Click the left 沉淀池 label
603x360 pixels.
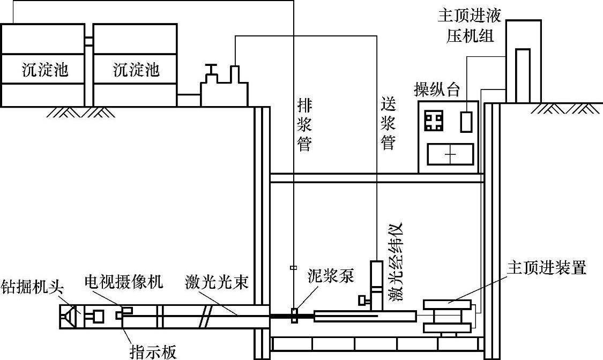[46, 69]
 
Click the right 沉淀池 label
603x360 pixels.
[137, 69]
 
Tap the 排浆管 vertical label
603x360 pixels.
[304, 124]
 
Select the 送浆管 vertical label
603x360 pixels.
[388, 124]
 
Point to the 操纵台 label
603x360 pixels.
[437, 89]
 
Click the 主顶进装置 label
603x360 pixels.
[547, 268]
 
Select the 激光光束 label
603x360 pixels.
[217, 282]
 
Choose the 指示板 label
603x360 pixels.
[153, 351]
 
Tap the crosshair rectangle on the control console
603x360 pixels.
[450, 154]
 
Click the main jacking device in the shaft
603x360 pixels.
[448, 317]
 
